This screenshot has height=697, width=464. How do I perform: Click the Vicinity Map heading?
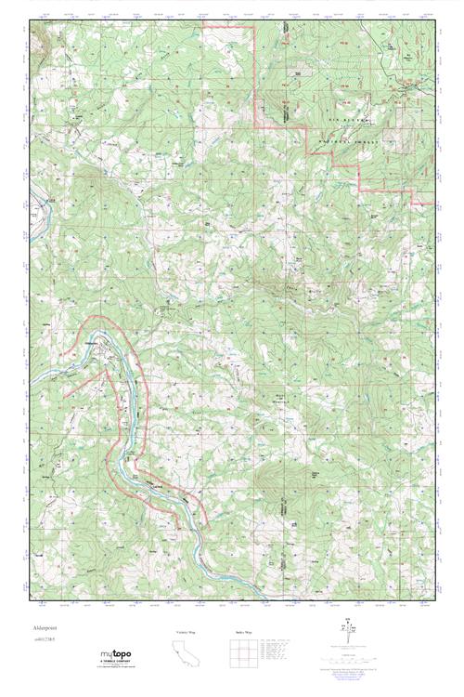click(x=187, y=632)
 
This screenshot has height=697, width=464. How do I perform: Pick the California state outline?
click(x=187, y=654)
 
